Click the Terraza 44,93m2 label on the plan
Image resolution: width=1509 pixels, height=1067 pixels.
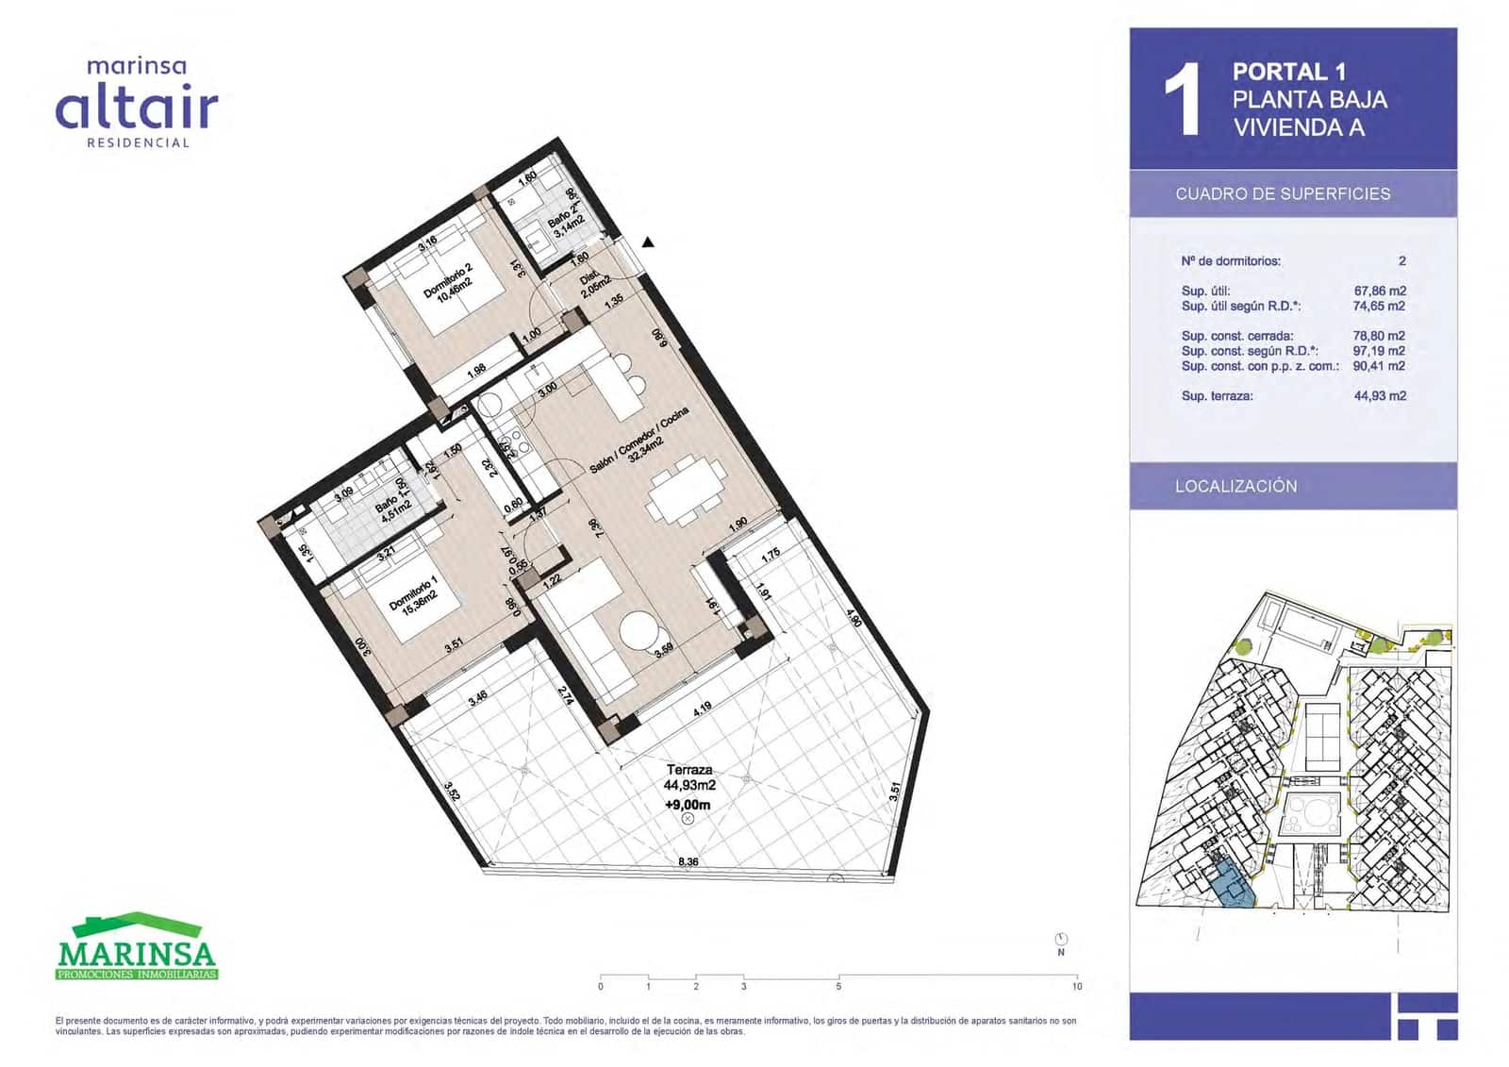[x=689, y=777]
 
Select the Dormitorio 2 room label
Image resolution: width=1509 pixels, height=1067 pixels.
[x=449, y=282]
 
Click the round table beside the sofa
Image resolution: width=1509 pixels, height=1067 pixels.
[x=638, y=631]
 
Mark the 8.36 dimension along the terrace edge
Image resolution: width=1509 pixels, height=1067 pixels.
[x=688, y=861]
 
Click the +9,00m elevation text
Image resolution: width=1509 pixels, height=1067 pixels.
[x=688, y=805]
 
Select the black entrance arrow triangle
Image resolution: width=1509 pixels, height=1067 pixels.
[x=648, y=242]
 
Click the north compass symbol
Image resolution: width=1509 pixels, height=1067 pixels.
[x=1061, y=939]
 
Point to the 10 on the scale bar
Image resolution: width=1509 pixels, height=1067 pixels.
[x=1077, y=987]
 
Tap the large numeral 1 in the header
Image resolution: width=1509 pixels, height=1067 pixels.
[x=1182, y=100]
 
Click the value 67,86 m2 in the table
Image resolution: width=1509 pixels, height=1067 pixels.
[x=1379, y=292]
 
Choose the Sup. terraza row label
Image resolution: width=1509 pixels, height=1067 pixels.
[x=1217, y=396]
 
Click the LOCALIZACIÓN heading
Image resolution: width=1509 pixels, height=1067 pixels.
[x=1235, y=487]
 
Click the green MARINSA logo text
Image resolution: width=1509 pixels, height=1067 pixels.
[x=137, y=953]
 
